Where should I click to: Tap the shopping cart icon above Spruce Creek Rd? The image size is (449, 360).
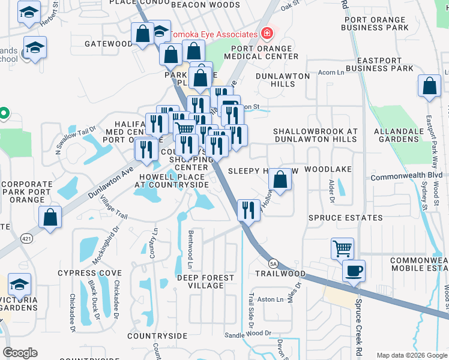coord(342,247)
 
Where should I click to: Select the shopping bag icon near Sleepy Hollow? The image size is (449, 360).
coord(280,178)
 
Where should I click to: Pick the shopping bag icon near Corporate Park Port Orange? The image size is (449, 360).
coord(50,217)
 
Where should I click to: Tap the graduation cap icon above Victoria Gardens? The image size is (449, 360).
coord(20,284)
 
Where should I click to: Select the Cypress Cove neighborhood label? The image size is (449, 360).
coord(89,273)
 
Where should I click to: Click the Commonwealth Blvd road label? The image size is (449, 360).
coord(406,178)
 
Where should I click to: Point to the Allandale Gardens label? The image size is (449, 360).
coord(405,135)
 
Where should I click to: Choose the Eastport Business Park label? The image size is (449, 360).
coord(385,64)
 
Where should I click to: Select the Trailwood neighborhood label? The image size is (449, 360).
coord(281,274)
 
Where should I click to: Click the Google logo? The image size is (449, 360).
coord(20,353)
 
